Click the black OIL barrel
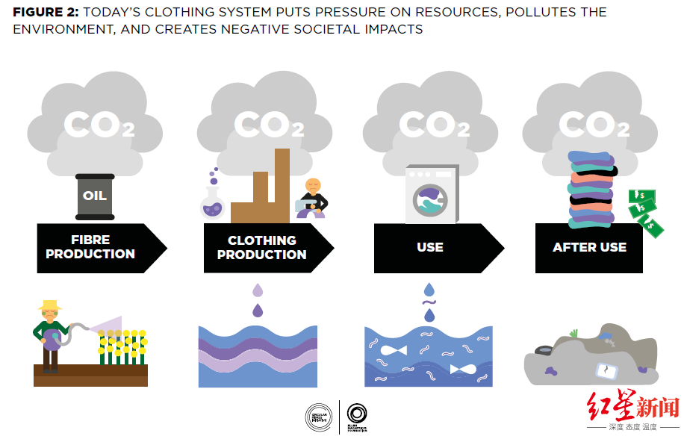95,196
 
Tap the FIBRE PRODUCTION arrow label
90,247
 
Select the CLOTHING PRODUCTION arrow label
261,247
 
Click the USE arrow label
430,247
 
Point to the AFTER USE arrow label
589,247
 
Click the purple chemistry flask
213,202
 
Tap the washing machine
431,195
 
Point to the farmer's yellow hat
50,305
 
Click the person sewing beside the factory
312,198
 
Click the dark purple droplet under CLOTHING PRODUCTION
258,310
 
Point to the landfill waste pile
590,357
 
